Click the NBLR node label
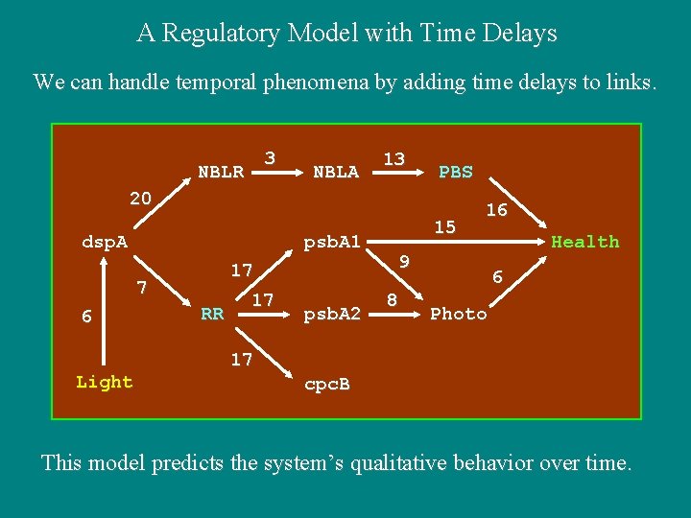pyautogui.click(x=221, y=173)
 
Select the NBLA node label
pyautogui.click(x=336, y=173)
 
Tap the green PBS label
pyautogui.click(x=455, y=173)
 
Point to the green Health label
pyautogui.click(x=584, y=243)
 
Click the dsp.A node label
pyautogui.click(x=105, y=243)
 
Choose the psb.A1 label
pyautogui.click(x=332, y=243)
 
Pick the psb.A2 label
pyautogui.click(x=332, y=314)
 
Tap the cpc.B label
pyautogui.click(x=327, y=385)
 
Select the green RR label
pyautogui.click(x=212, y=314)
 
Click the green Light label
pyautogui.click(x=104, y=383)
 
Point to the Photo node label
pyautogui.click(x=459, y=315)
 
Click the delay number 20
pyautogui.click(x=141, y=199)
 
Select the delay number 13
pyautogui.click(x=393, y=158)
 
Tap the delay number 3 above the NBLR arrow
pyautogui.click(x=271, y=157)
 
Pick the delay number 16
pyautogui.click(x=496, y=210)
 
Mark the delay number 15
pyautogui.click(x=444, y=227)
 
